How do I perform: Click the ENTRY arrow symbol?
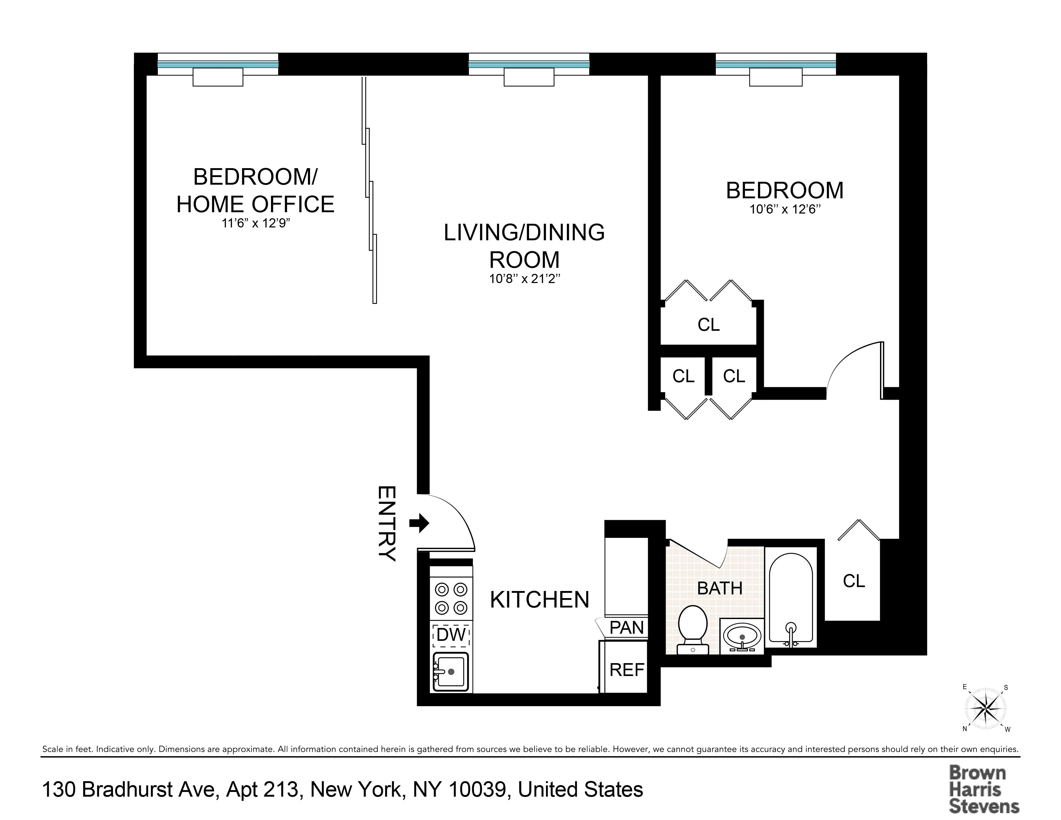[419, 523]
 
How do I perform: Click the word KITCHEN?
[539, 600]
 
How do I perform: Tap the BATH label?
[719, 588]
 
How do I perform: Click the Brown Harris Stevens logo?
[984, 789]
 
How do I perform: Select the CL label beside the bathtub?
[854, 581]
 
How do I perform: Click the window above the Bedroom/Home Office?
[218, 64]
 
